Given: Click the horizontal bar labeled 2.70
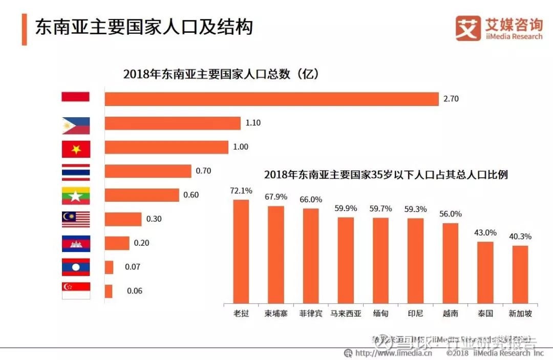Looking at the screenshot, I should coord(271,99).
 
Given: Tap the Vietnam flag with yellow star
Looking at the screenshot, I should coord(76,149).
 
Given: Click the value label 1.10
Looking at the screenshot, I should coord(253,123).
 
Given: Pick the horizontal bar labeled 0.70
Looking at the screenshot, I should coord(148,171).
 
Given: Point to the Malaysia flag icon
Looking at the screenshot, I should coord(76,219).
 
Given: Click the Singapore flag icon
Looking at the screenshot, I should coord(76,290).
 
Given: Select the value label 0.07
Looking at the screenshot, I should coord(133,267).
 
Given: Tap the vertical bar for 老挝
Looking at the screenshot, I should coord(241,251).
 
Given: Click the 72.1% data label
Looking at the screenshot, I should coord(241,190).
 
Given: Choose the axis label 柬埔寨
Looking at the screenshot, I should coord(275,313).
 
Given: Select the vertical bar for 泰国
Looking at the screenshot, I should coord(485,272).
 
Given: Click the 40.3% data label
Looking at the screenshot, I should coord(520,237).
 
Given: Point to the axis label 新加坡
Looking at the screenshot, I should coord(520,313).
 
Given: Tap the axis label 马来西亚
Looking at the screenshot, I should coord(346,313).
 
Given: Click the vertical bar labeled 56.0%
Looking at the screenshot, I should coord(450,263).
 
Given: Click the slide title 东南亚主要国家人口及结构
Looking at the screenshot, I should coord(144,27).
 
